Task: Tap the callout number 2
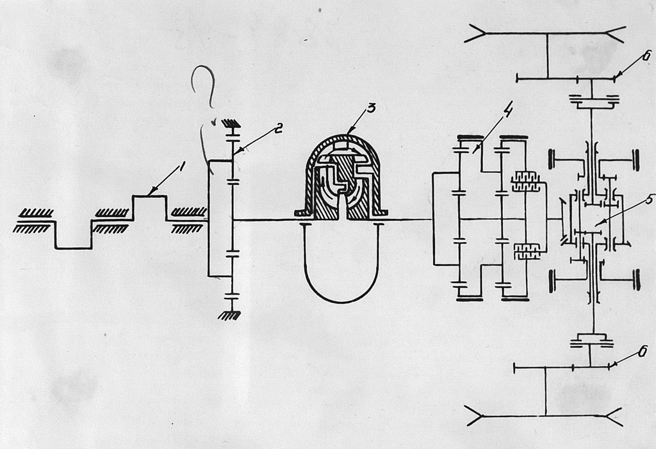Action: click(277, 129)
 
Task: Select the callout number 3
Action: click(371, 108)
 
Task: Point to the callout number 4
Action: click(507, 111)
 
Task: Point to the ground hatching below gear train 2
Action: click(229, 315)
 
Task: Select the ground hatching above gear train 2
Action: click(231, 124)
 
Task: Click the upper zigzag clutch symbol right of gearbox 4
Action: click(525, 182)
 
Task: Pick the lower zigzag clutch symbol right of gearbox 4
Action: click(527, 252)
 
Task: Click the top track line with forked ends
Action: click(545, 33)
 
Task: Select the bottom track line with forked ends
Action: click(545, 416)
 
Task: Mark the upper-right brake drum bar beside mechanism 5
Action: click(636, 160)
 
